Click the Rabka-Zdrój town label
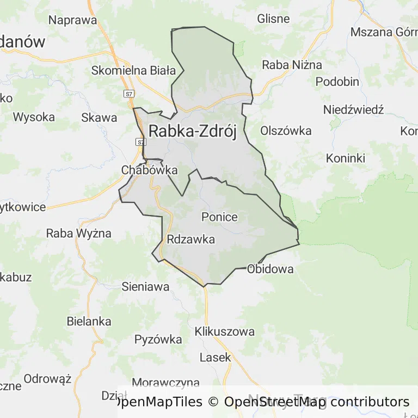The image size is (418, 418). [x=193, y=132]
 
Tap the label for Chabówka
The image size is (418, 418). [x=149, y=170]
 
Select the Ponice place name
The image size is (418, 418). [x=219, y=217]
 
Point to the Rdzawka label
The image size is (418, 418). [x=191, y=239]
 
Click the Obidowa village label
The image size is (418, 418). [x=270, y=269]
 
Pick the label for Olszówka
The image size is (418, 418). [x=286, y=131]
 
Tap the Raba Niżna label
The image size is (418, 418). [x=292, y=65]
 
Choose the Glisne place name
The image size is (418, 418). [x=273, y=19]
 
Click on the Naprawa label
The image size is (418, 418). [x=72, y=21]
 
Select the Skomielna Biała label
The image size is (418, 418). [x=133, y=70]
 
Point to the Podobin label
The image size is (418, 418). [x=337, y=82]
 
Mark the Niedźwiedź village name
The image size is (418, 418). [x=353, y=110]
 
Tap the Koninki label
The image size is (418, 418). [x=346, y=158]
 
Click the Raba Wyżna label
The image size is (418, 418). [x=78, y=233]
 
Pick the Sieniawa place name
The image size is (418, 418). [x=145, y=286]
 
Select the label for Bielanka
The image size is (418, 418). [x=89, y=321]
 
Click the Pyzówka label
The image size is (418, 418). [x=158, y=340]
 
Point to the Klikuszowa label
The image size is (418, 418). [x=224, y=331]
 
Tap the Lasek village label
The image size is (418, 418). [x=215, y=358]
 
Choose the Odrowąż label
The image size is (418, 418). [x=48, y=379]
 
